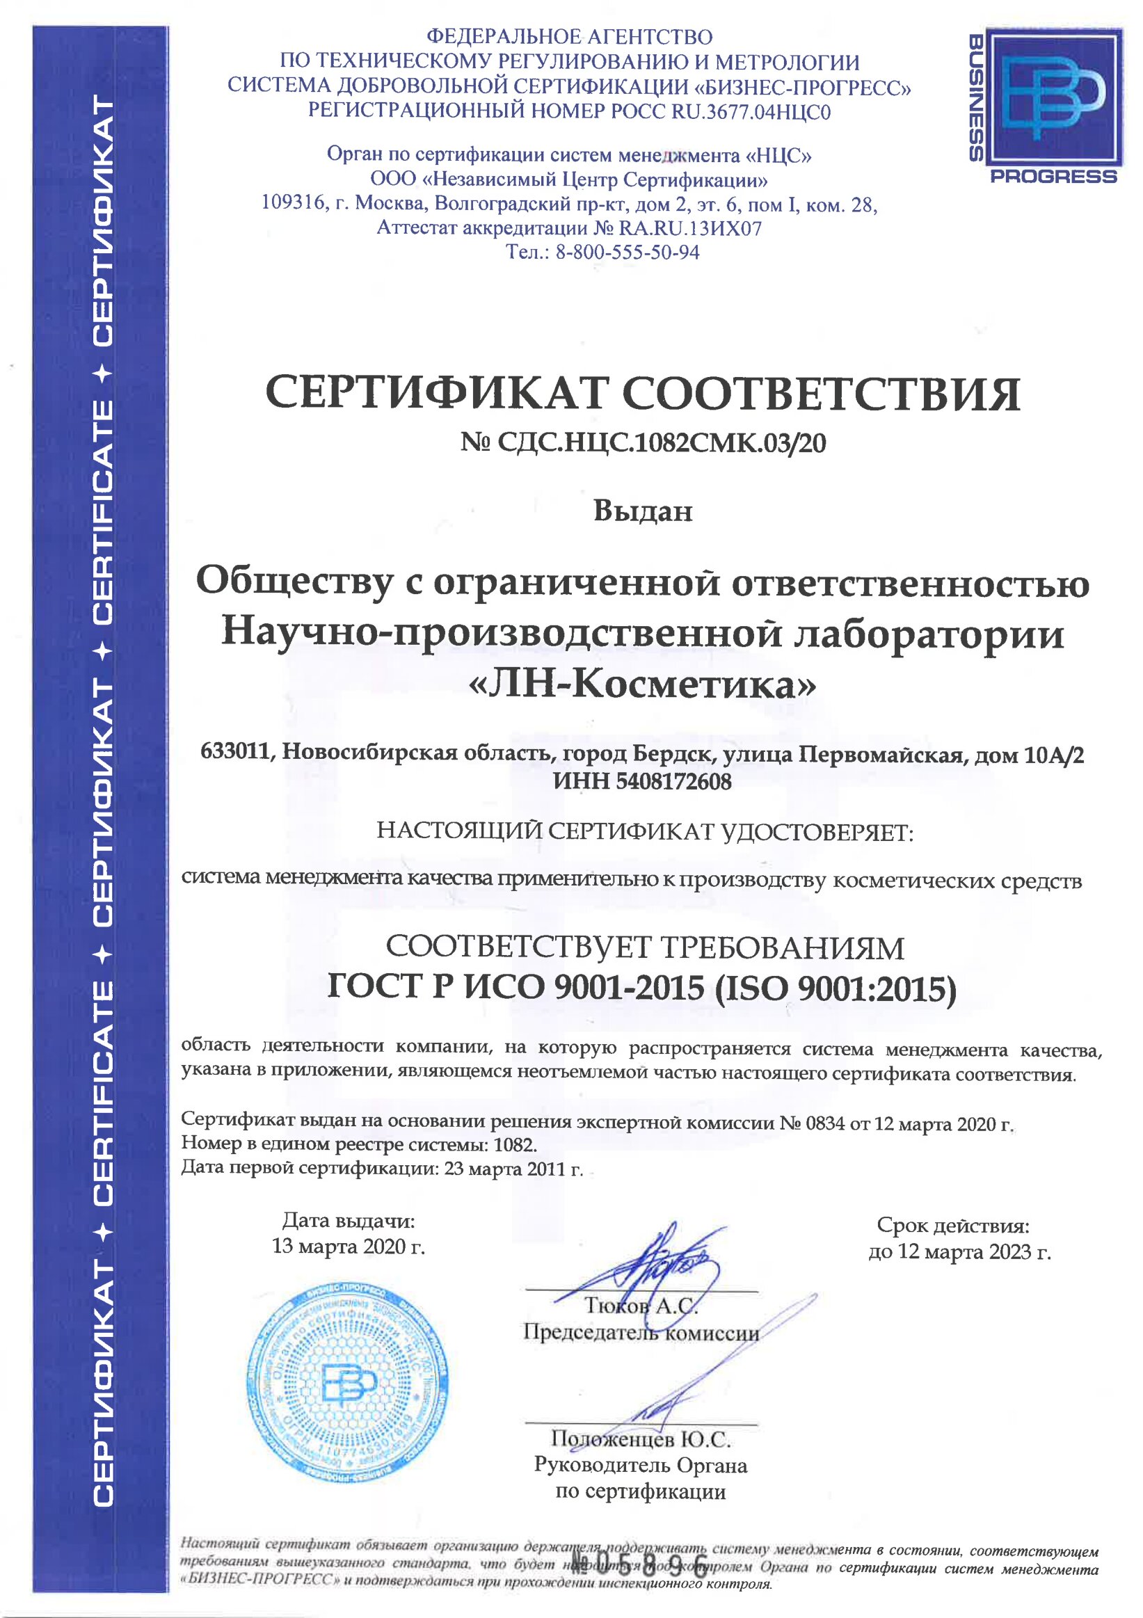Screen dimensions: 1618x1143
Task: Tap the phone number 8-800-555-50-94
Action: click(628, 253)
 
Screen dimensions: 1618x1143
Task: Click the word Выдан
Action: click(642, 511)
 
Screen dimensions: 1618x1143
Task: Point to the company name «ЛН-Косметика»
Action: click(642, 685)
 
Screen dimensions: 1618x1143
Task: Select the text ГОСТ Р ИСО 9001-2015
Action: click(515, 988)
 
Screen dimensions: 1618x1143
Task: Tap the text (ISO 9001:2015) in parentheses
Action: click(835, 989)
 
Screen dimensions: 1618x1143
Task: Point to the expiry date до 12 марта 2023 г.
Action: click(959, 1251)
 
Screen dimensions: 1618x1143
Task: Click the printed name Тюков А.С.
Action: click(641, 1306)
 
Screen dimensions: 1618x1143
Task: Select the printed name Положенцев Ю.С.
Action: click(641, 1439)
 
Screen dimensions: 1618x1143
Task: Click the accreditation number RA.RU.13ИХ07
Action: click(690, 228)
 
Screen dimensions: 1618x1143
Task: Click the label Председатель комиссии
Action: click(641, 1333)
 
